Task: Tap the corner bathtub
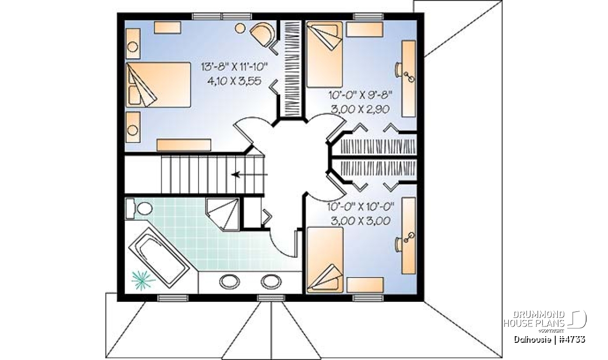point(159,257)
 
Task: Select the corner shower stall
point(222,215)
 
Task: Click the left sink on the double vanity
point(230,282)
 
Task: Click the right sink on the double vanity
point(271,282)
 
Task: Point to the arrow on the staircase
point(250,175)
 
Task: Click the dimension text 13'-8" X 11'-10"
point(235,67)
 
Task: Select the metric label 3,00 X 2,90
point(360,109)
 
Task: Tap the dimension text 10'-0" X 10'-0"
point(361,207)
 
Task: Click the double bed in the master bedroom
point(158,85)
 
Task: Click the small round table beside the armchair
point(240,28)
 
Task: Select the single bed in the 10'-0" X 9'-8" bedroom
point(325,55)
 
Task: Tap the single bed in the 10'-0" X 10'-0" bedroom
point(325,260)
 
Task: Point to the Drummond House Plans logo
point(545,322)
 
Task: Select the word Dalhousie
point(533,339)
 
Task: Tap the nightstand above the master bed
point(133,44)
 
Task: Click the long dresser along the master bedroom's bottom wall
point(184,145)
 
